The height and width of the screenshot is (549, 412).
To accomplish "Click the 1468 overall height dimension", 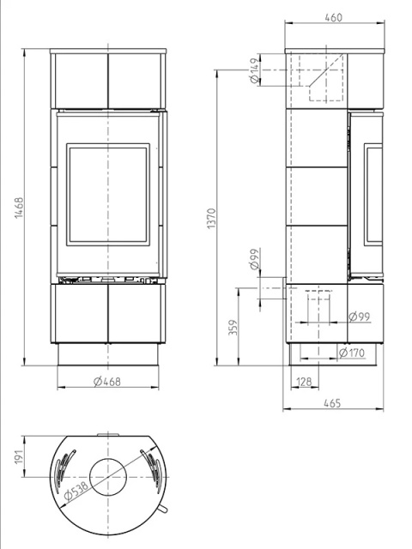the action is coord(19,208).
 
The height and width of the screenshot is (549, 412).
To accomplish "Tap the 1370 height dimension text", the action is coord(212,219).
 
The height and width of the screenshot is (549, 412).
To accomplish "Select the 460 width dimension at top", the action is coord(333,17).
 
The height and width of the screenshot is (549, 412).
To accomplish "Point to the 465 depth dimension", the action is coord(331,403).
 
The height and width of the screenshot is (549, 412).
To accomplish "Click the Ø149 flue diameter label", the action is coord(256,70).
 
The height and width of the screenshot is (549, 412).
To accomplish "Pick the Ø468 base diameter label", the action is coord(107,381).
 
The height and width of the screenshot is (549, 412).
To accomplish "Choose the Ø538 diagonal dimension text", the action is coord(76,490).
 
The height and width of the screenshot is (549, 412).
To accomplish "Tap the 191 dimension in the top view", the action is coord(19,457).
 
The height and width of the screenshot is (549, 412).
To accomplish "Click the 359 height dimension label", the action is coord(233,327).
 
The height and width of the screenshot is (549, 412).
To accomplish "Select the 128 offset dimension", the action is coord(304,382).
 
